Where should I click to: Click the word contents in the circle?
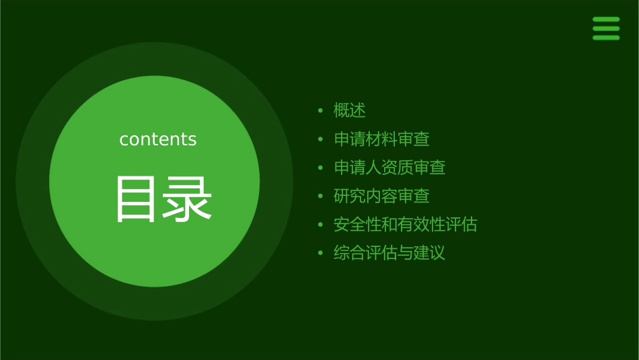158,139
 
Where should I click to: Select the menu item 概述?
350,110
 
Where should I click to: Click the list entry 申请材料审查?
381,139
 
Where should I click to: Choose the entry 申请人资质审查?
389,168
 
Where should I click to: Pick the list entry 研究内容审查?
381,196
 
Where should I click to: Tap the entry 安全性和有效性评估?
405,225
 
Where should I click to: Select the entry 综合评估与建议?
389,254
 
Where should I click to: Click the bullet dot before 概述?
321,110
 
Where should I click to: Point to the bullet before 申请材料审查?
321,139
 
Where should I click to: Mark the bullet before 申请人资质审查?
321,168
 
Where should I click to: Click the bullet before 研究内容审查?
321,196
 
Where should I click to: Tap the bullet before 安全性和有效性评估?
321,225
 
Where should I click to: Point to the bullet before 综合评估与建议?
321,254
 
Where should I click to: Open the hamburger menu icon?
606,28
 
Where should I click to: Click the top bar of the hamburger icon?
606,20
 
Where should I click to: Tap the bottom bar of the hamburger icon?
606,38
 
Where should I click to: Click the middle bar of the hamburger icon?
606,28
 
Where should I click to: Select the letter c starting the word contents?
124,140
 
